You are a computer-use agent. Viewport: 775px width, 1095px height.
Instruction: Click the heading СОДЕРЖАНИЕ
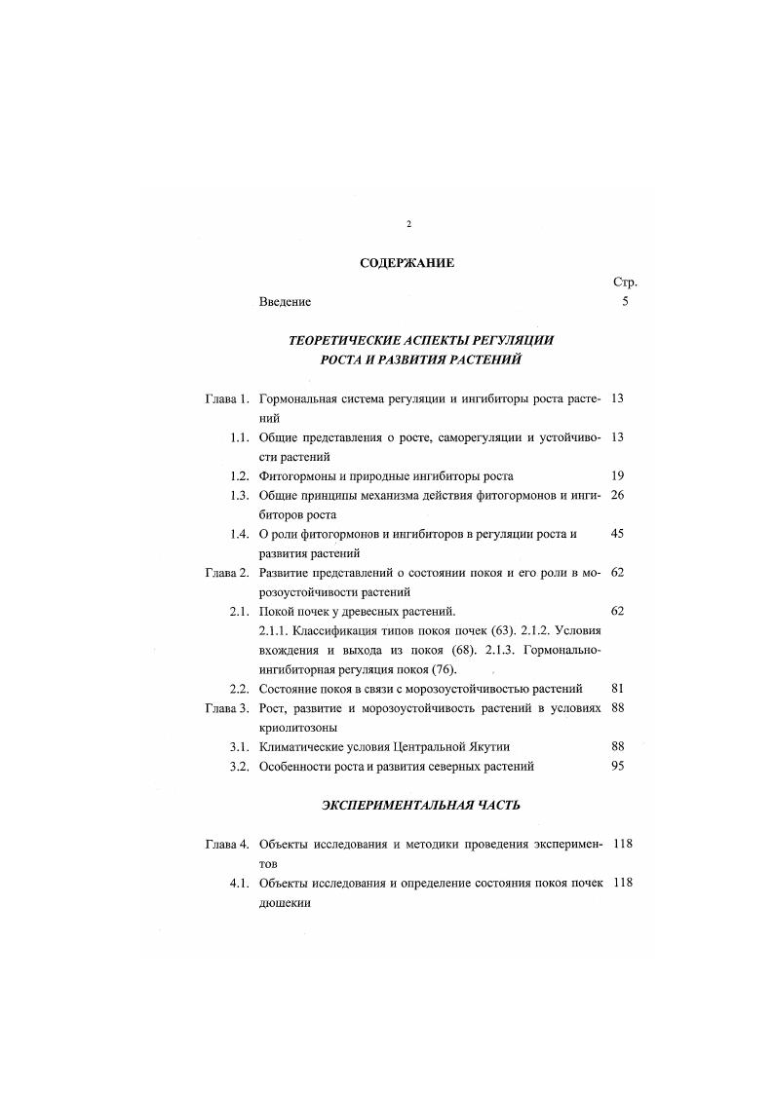(407, 262)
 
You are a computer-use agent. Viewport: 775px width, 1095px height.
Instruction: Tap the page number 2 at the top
(407, 225)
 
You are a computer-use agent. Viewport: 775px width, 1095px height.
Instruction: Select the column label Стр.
(624, 283)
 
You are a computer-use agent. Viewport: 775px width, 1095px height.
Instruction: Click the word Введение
(285, 302)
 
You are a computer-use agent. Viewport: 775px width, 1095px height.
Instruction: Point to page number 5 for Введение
(624, 302)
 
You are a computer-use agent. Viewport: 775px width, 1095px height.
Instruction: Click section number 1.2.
(241, 475)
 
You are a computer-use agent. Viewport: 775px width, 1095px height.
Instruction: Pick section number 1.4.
(241, 534)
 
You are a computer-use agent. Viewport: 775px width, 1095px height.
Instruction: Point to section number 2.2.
(241, 689)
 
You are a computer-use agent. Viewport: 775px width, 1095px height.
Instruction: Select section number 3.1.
(241, 746)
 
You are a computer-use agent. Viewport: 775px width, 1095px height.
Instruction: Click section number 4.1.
(241, 883)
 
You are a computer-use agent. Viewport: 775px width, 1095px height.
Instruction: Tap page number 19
(617, 475)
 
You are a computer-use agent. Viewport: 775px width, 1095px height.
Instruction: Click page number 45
(617, 534)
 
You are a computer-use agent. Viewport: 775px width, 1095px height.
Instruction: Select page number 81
(617, 689)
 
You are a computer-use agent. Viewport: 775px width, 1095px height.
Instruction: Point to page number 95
(617, 766)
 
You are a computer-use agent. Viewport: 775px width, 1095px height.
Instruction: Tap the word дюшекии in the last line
(285, 902)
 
